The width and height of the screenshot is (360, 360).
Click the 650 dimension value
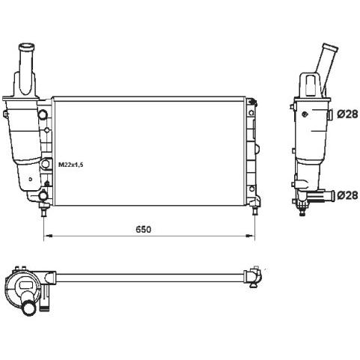pyautogui.click(x=144, y=229)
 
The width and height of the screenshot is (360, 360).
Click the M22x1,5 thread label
pyautogui.click(x=70, y=165)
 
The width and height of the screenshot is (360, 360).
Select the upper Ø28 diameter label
pyautogui.click(x=347, y=115)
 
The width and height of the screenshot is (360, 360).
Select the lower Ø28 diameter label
pyautogui.click(x=347, y=195)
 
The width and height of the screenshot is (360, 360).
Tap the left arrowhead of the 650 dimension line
pyautogui.click(x=48, y=235)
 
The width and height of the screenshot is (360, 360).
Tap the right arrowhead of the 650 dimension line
pyautogui.click(x=250, y=235)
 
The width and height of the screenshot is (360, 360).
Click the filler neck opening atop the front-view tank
pyautogui.click(x=26, y=46)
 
